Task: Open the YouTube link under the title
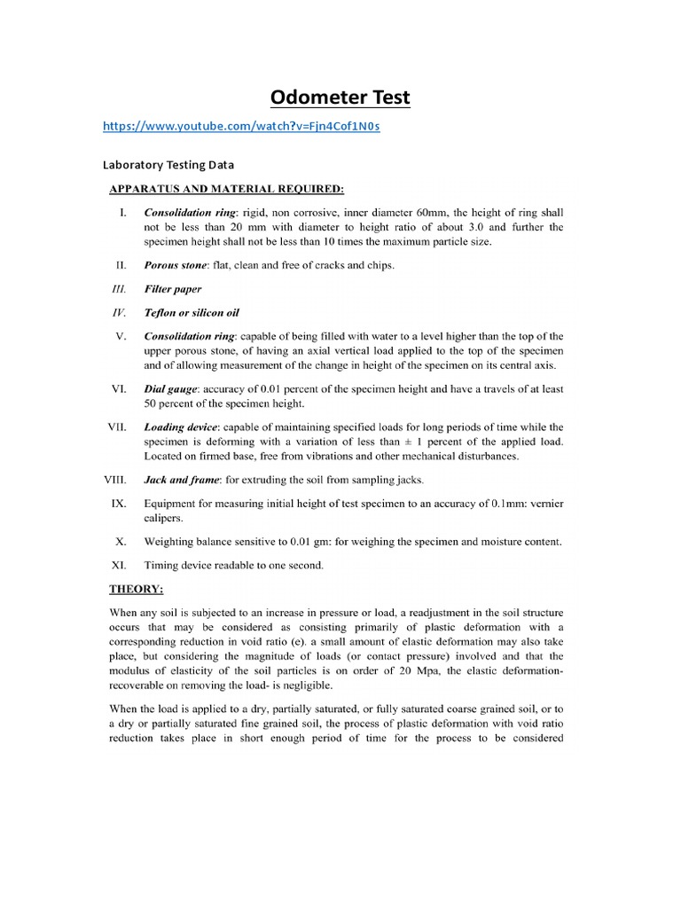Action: point(241,127)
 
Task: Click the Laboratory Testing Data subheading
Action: point(168,165)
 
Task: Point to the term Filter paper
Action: point(173,289)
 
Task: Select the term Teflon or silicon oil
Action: point(192,313)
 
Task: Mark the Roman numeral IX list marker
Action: point(121,504)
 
